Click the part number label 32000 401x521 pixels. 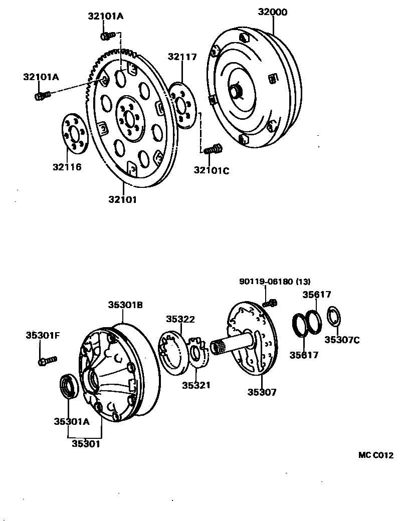[x=273, y=12]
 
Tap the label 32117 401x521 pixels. [x=182, y=57]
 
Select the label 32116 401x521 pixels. [x=67, y=166]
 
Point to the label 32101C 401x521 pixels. [x=211, y=170]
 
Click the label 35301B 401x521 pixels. [x=126, y=304]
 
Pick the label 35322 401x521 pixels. [x=180, y=319]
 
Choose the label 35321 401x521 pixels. [x=196, y=385]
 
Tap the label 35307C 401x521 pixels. [x=342, y=340]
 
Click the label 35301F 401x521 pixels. [x=43, y=335]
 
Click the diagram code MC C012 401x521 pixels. [x=376, y=455]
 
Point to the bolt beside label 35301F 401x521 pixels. [x=46, y=360]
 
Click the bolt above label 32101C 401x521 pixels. [x=213, y=149]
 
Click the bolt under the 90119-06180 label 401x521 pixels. [x=270, y=302]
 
